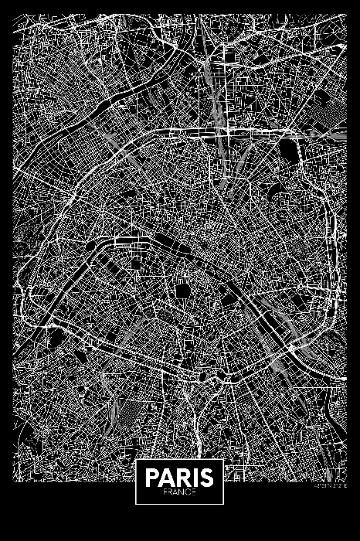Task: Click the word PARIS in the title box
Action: [x=179, y=476]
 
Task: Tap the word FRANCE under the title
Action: [x=179, y=491]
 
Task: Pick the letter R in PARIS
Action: [x=181, y=476]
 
